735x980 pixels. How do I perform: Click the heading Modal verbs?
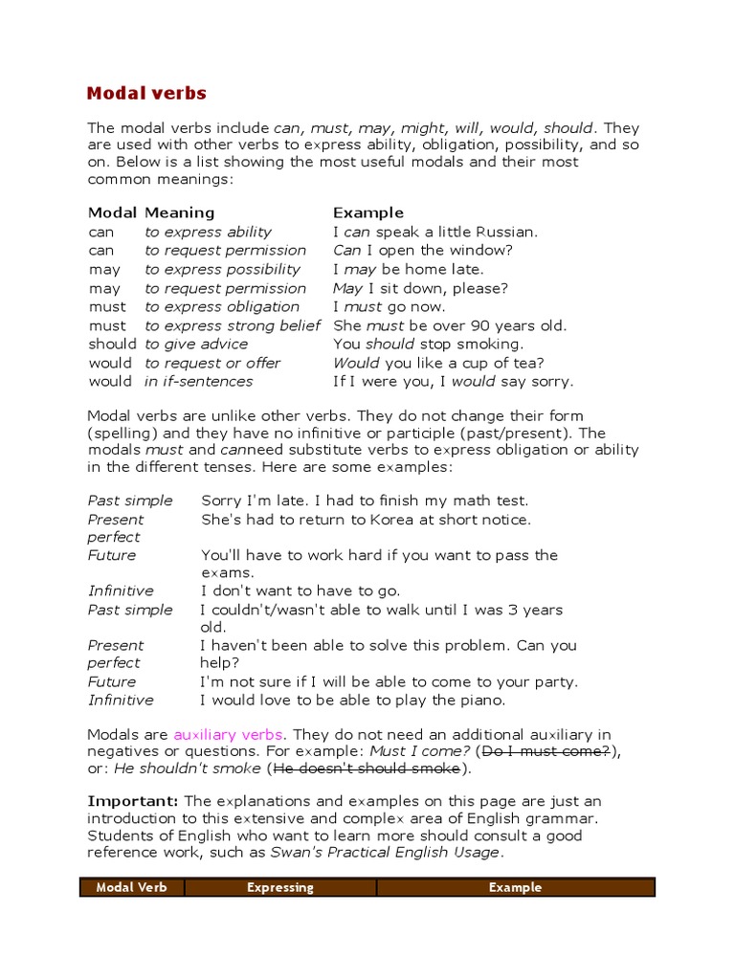click(146, 93)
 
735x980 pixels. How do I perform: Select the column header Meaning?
click(179, 212)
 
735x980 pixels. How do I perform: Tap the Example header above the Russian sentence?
click(368, 212)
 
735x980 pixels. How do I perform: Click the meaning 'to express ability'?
click(208, 232)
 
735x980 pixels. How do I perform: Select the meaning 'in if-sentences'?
click(199, 381)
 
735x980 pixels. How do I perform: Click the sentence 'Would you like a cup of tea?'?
click(438, 363)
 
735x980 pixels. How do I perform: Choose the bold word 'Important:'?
click(133, 801)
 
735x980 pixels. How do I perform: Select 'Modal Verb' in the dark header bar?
click(132, 887)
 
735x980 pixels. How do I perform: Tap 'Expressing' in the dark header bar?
click(280, 887)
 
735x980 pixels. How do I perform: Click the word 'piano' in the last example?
click(479, 700)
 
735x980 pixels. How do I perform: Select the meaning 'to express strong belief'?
click(233, 325)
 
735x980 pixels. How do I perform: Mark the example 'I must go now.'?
click(389, 306)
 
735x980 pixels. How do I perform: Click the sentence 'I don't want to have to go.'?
click(301, 590)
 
